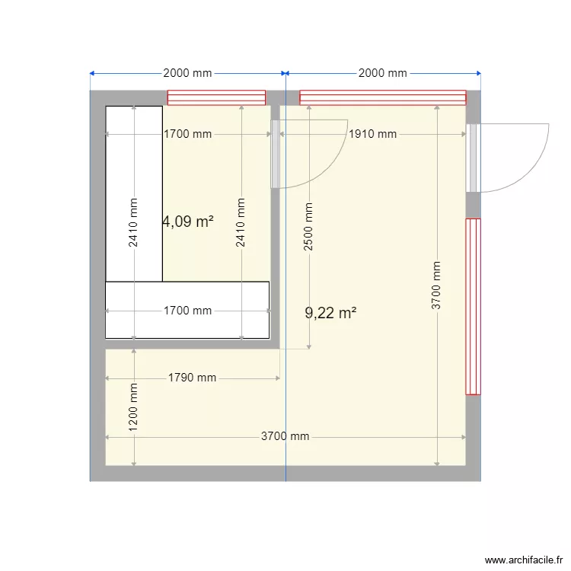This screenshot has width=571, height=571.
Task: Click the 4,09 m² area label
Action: click(x=187, y=222)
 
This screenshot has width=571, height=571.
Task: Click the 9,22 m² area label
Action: click(x=330, y=313)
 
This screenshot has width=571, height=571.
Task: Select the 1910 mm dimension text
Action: click(x=372, y=134)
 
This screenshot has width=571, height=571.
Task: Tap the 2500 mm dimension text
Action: click(x=309, y=226)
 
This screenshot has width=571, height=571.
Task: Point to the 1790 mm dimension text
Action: click(x=192, y=378)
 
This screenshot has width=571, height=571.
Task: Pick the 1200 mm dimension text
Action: click(x=134, y=407)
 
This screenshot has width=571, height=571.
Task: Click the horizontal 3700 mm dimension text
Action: click(x=285, y=436)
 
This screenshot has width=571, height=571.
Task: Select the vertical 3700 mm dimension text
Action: click(x=437, y=285)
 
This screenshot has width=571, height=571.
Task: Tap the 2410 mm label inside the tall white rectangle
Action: click(x=134, y=222)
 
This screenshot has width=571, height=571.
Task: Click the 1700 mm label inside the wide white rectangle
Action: click(x=187, y=311)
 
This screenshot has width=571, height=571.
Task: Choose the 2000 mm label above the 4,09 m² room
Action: click(x=187, y=73)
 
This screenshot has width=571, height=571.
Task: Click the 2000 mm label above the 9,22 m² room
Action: click(x=382, y=73)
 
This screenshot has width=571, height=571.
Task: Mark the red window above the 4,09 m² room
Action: click(x=216, y=97)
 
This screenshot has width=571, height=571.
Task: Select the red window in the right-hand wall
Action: click(x=473, y=306)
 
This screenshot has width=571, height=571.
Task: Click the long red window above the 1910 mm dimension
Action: click(x=382, y=97)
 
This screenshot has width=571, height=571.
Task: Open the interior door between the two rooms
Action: click(x=275, y=153)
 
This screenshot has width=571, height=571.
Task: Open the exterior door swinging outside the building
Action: click(x=474, y=157)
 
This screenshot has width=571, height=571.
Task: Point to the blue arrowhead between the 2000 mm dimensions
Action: click(x=285, y=73)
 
